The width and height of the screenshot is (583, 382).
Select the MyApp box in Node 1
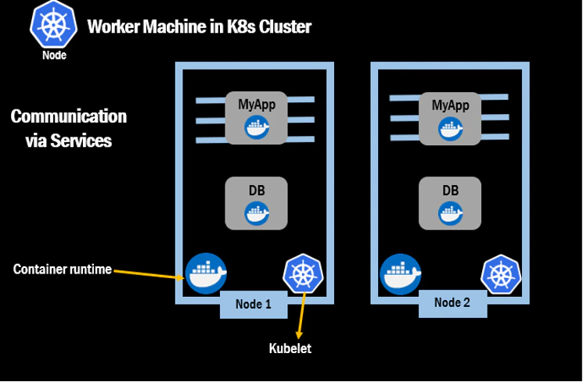pos(256,118)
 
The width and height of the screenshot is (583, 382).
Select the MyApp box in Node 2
pos(450,118)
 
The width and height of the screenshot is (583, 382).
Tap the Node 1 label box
pos(253,304)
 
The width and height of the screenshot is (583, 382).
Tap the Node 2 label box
pos(452,303)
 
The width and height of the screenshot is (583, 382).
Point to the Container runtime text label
pos(63,270)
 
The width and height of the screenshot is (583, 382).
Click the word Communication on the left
pos(69,116)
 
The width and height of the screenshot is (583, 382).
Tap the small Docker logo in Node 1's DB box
pos(256,212)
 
